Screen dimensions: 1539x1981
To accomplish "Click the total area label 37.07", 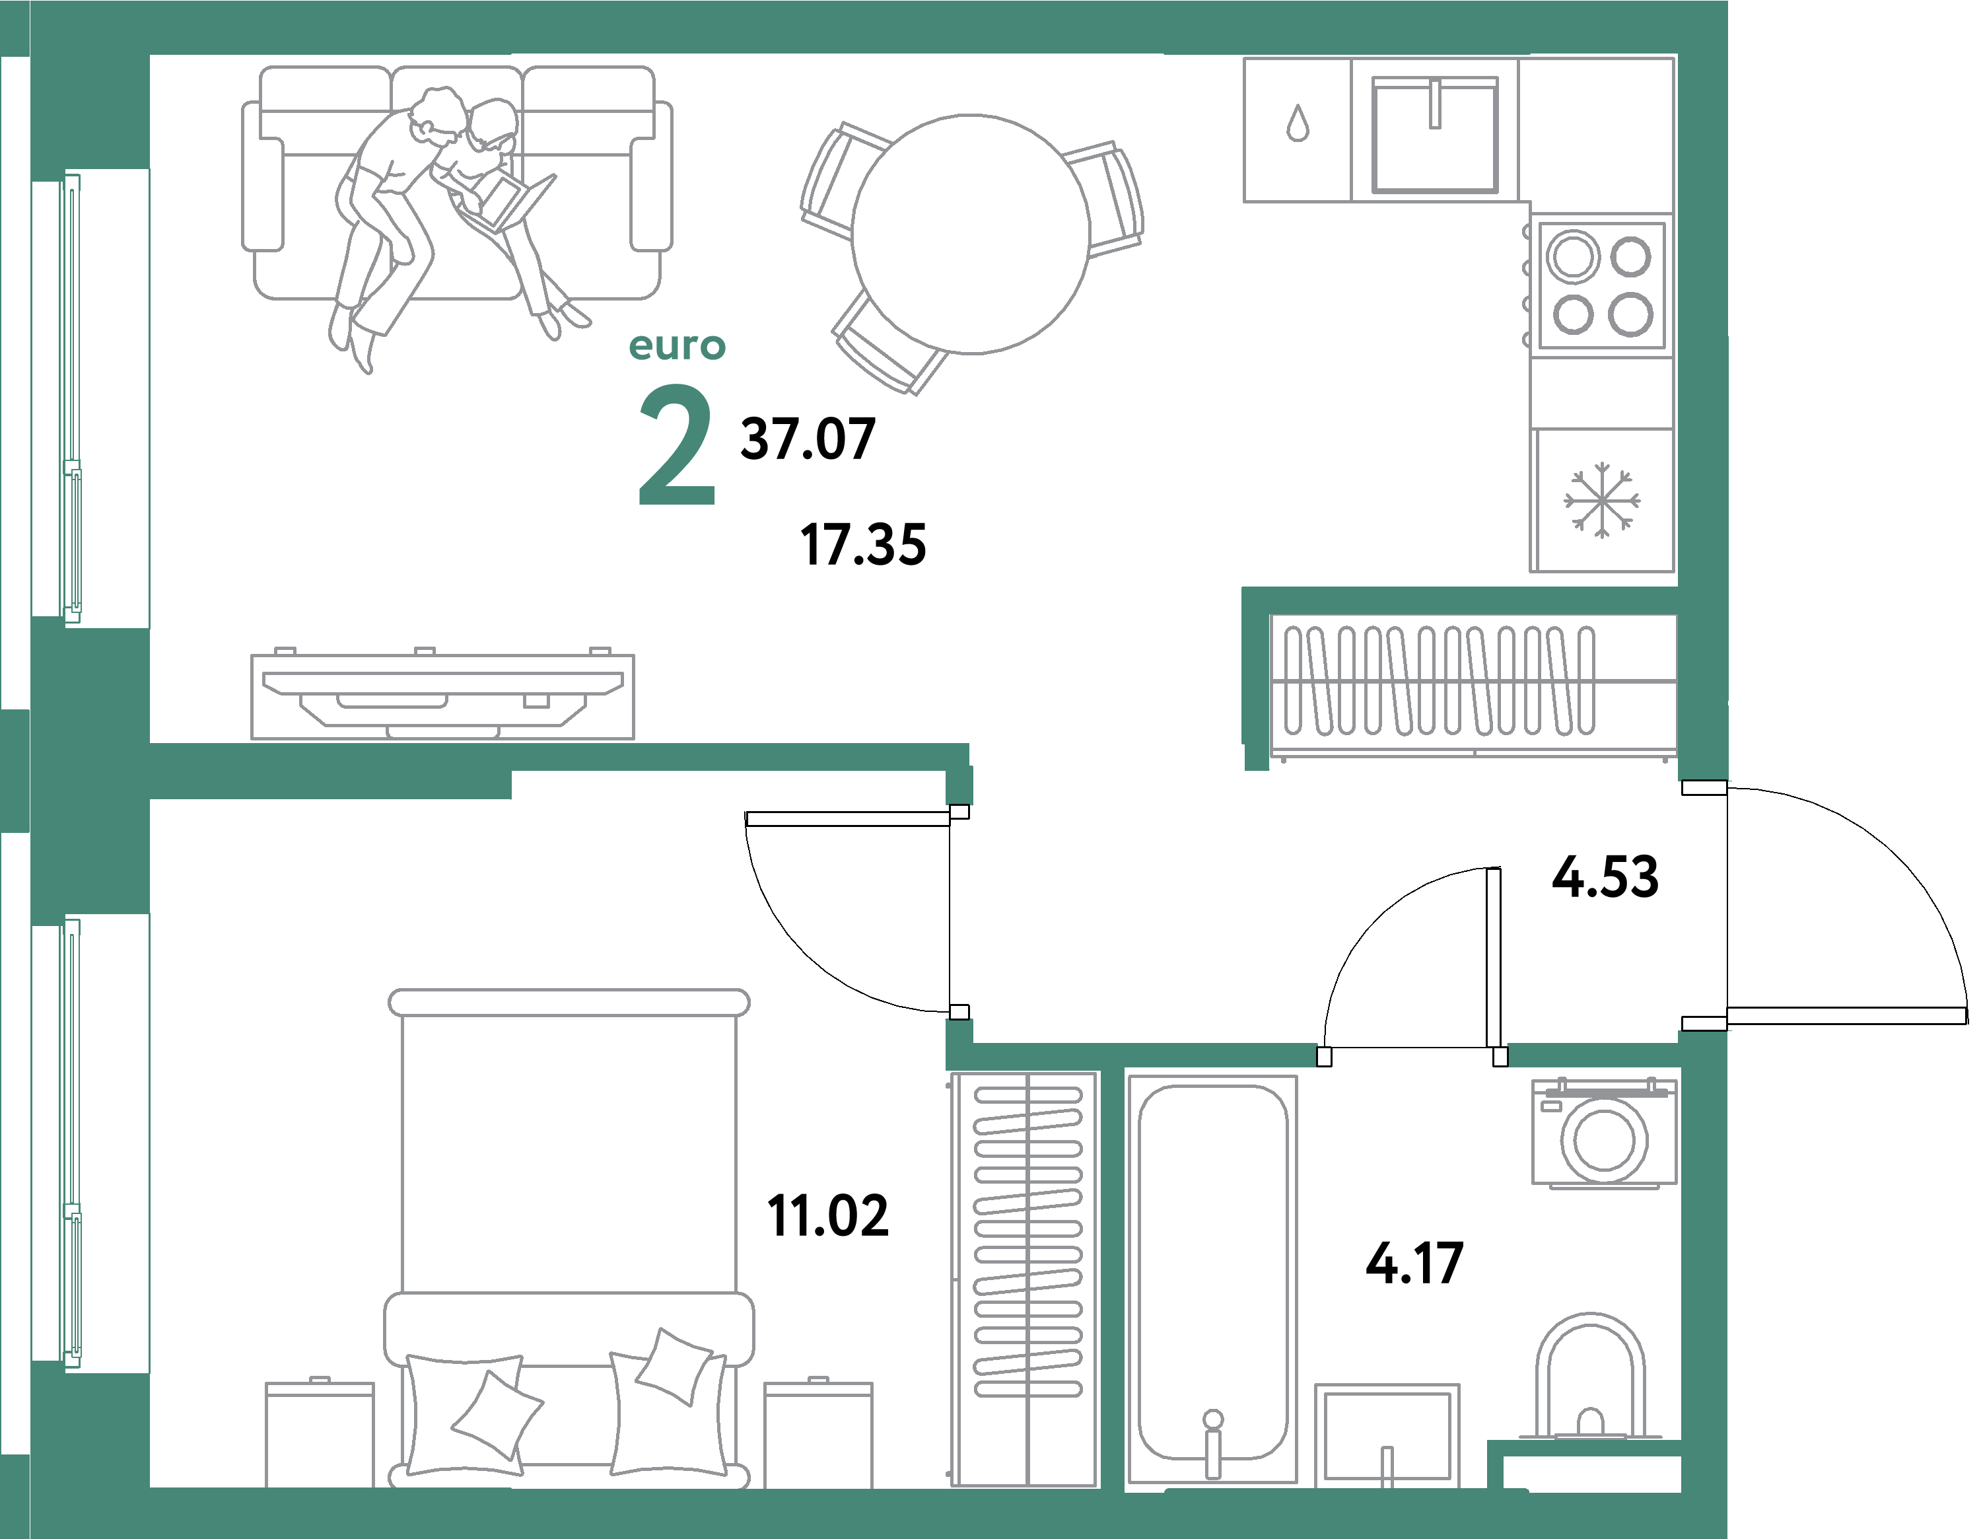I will (x=808, y=439).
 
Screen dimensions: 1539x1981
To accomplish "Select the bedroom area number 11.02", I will (x=827, y=1216).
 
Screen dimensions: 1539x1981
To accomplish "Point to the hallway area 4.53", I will (x=1605, y=877).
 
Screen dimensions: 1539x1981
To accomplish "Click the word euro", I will (x=677, y=345).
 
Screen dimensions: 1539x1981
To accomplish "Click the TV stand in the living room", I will (x=442, y=697).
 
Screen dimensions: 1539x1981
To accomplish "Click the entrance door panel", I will (x=1846, y=1017).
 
